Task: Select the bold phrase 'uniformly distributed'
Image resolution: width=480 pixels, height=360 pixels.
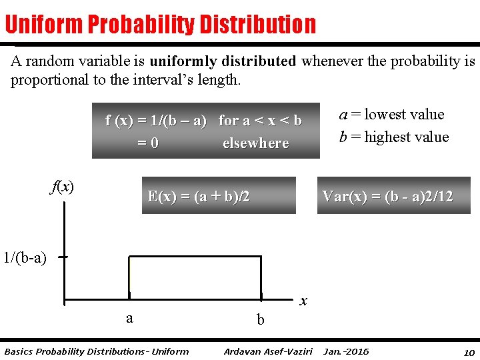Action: click(x=223, y=62)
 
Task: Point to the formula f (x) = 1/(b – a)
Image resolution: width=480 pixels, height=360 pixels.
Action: click(x=155, y=121)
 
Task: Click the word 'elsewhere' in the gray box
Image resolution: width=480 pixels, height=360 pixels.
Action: click(x=255, y=143)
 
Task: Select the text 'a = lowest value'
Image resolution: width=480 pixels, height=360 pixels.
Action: click(x=391, y=114)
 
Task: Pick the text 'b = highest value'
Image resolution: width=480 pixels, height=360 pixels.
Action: click(x=394, y=137)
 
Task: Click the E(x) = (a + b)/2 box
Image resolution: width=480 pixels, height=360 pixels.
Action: click(x=218, y=196)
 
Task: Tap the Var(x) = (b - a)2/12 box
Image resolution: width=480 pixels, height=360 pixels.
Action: click(x=393, y=196)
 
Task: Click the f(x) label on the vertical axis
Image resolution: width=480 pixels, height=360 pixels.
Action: click(x=62, y=187)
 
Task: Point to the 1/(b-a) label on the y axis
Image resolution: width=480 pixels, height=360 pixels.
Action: click(x=25, y=257)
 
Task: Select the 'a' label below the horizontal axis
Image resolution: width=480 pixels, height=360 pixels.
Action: click(x=129, y=317)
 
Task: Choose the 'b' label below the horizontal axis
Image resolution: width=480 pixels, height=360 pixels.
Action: click(x=261, y=320)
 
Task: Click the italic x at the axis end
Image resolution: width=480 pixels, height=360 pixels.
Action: click(x=303, y=301)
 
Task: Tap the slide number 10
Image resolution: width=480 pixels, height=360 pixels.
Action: click(x=469, y=351)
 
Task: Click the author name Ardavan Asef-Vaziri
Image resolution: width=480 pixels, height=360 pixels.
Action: click(x=268, y=351)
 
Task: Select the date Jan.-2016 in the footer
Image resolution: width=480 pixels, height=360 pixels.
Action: click(x=346, y=351)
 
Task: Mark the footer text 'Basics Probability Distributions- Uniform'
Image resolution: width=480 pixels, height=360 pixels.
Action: click(x=96, y=351)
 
